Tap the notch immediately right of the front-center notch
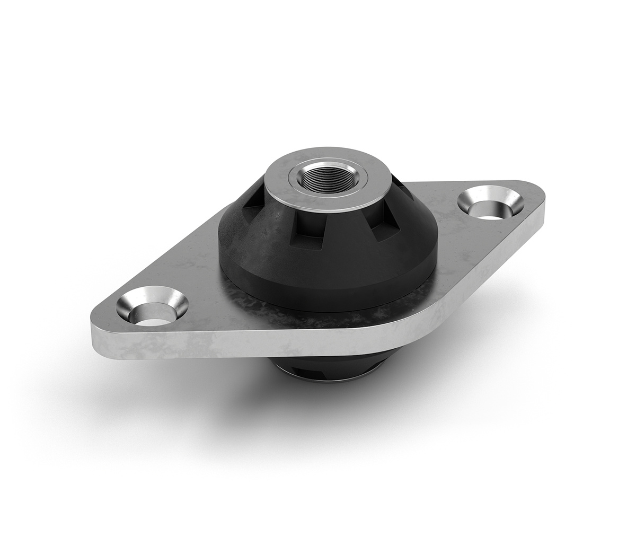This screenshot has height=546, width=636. coord(382,232)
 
